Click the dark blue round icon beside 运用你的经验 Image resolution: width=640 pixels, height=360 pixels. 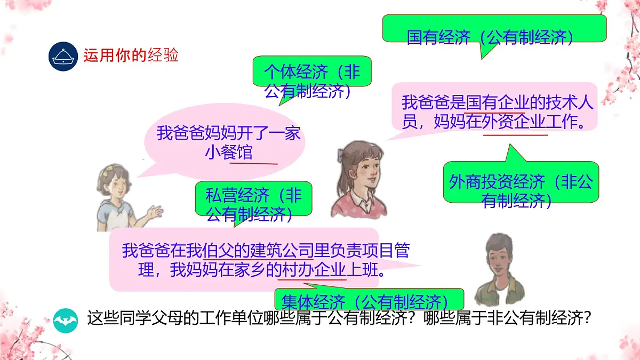point(63,55)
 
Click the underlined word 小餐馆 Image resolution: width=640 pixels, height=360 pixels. point(229,153)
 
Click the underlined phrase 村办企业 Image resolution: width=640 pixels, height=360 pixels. point(313,270)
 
